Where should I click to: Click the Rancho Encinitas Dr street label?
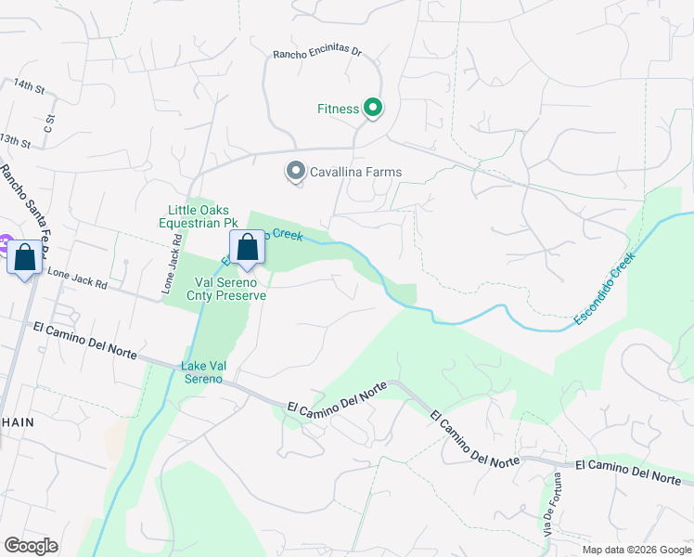pyautogui.click(x=316, y=54)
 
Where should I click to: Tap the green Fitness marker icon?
pyautogui.click(x=373, y=109)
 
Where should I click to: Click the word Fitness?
pyautogui.click(x=338, y=109)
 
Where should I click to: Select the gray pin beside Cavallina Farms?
pyautogui.click(x=295, y=172)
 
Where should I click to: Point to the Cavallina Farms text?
pyautogui.click(x=356, y=172)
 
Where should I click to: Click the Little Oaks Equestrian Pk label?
pyautogui.click(x=199, y=216)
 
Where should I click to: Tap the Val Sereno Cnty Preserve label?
pyautogui.click(x=229, y=289)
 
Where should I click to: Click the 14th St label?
pyautogui.click(x=29, y=86)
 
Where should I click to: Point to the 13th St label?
pyautogui.click(x=16, y=140)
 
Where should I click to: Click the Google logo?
pyautogui.click(x=31, y=546)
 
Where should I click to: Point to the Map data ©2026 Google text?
pyautogui.click(x=636, y=550)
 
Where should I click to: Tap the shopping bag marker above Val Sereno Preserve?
pyautogui.click(x=247, y=249)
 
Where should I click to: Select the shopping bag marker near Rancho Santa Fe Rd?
pyautogui.click(x=24, y=257)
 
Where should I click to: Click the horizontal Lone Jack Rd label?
pyautogui.click(x=78, y=279)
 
